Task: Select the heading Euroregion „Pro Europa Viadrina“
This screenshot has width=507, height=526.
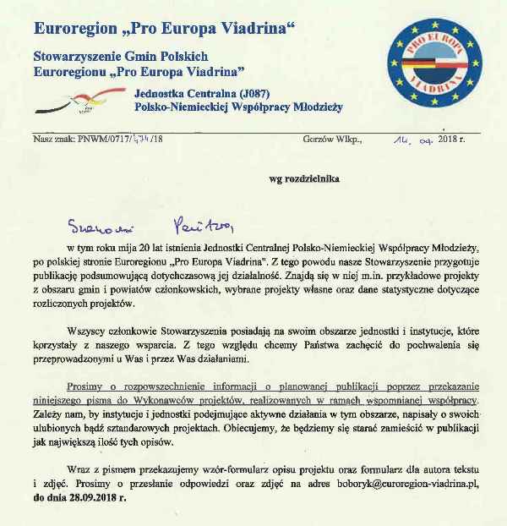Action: [x=165, y=29]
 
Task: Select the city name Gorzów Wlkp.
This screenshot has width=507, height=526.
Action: [x=332, y=139]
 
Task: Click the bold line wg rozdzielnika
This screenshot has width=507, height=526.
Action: [x=303, y=179]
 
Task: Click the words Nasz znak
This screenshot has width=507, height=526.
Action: [x=48, y=139]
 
